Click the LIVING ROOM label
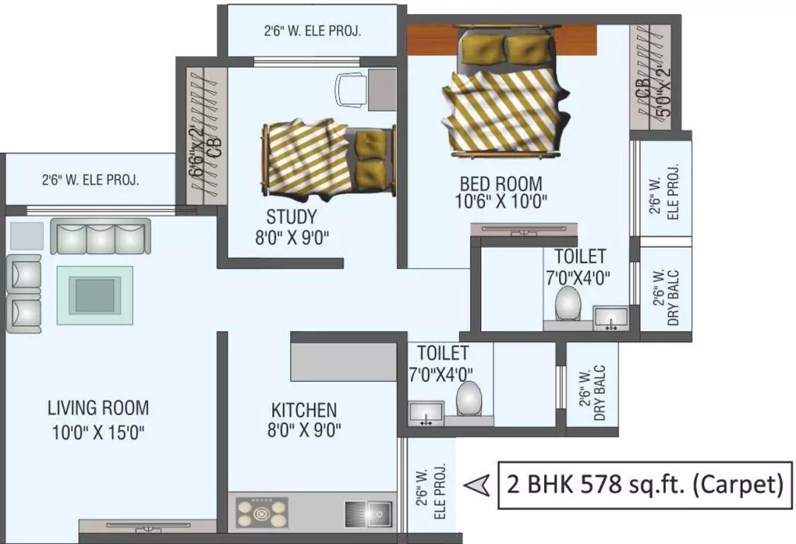[98, 408]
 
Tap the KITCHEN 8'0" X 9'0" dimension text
[304, 430]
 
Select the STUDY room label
[292, 216]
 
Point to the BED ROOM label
[500, 183]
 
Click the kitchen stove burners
[262, 511]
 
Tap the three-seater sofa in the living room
[100, 237]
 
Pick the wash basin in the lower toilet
[426, 412]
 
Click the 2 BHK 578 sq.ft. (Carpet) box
[644, 485]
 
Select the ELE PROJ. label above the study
[313, 31]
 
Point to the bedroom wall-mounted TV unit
[524, 228]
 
